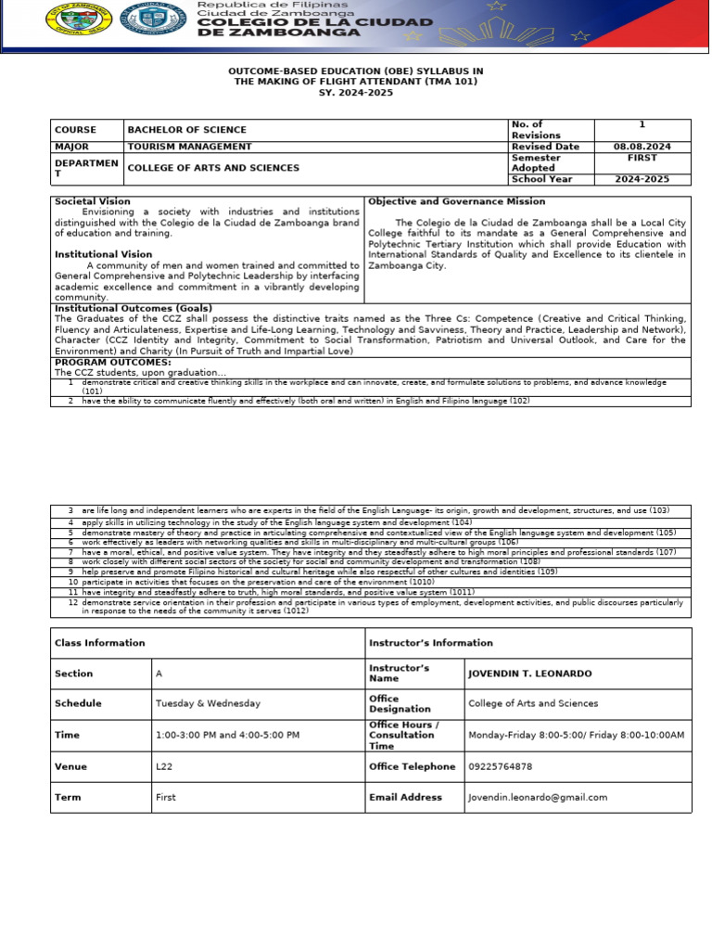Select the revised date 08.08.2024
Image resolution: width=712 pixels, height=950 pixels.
642,147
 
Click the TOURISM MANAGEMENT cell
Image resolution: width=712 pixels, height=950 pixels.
189,147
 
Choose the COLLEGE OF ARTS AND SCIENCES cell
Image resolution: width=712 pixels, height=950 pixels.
212,168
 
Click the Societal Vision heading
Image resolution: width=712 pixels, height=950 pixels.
93,201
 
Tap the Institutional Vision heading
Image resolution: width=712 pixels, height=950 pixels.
103,254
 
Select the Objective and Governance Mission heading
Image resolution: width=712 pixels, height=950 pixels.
457,201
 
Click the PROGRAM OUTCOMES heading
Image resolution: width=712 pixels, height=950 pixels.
107,362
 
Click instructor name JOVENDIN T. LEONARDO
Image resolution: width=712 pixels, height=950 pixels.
529,674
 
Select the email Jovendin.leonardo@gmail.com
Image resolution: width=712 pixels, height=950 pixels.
538,797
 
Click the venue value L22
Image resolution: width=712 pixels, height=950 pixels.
164,766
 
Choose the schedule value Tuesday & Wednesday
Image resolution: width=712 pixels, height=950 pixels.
208,704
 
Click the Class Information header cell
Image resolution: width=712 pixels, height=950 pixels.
99,642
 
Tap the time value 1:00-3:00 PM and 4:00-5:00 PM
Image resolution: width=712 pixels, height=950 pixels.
227,735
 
